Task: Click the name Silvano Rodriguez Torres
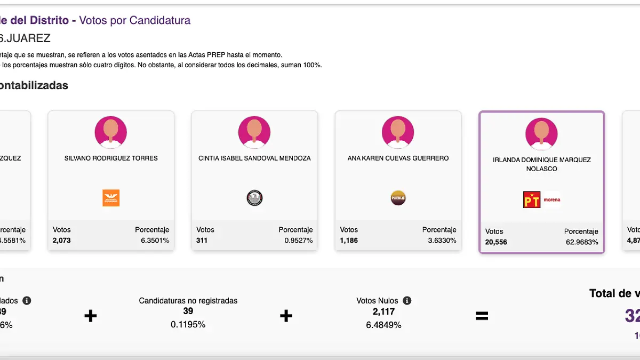(x=111, y=158)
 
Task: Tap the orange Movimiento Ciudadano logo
(x=111, y=198)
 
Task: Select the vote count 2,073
(x=62, y=241)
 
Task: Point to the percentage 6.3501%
(x=155, y=241)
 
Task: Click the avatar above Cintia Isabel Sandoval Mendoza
(x=254, y=132)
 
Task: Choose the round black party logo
(x=254, y=198)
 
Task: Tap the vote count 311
(x=202, y=241)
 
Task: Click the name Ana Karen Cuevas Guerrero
(x=398, y=158)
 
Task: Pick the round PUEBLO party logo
(x=398, y=198)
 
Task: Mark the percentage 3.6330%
(x=442, y=241)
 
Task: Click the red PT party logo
(x=532, y=200)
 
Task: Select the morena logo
(x=552, y=200)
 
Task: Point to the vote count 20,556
(x=496, y=242)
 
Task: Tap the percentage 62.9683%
(x=582, y=242)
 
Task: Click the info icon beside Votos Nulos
(x=407, y=301)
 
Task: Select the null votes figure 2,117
(x=383, y=311)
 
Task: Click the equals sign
(x=482, y=316)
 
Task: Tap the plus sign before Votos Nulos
(x=286, y=316)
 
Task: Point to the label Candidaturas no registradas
(x=188, y=301)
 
